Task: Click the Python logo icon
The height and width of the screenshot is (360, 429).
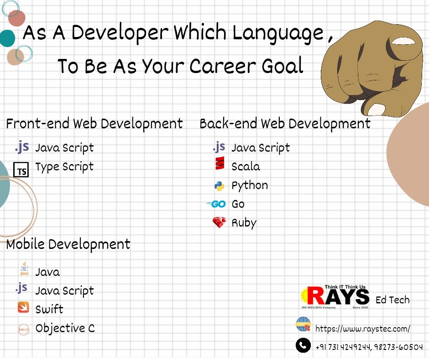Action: tap(219, 186)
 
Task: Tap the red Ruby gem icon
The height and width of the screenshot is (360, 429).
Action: tap(219, 223)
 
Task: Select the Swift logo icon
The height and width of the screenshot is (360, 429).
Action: tap(23, 307)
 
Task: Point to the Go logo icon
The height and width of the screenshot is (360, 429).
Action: tap(216, 204)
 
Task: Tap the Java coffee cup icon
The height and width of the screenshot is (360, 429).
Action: tap(24, 269)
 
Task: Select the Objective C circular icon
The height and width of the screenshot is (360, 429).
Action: tap(23, 328)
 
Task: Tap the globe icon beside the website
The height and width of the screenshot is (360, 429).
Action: tap(303, 325)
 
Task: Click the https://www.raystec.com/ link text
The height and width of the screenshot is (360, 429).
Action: tap(363, 329)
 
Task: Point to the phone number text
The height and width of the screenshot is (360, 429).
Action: tap(369, 347)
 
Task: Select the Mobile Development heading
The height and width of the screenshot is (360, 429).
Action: tap(68, 244)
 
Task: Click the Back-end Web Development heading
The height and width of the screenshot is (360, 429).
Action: tap(285, 124)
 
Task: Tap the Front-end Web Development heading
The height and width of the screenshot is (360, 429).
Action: tap(94, 124)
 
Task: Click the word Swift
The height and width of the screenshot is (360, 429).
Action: tap(49, 309)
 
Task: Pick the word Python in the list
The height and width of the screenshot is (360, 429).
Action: tap(250, 186)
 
